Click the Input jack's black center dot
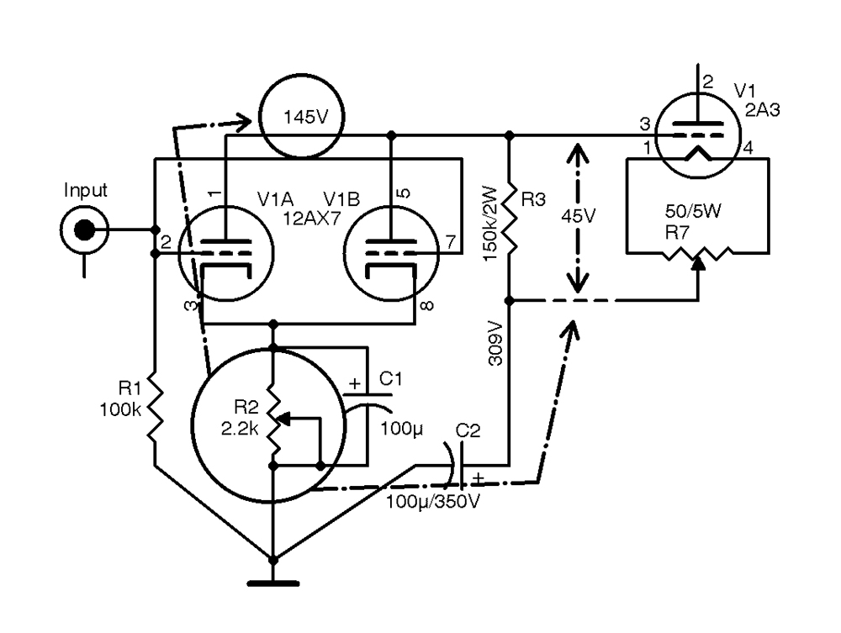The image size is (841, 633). pyautogui.click(x=84, y=230)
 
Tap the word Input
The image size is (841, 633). pyautogui.click(x=85, y=190)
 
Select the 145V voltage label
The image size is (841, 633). pyautogui.click(x=305, y=117)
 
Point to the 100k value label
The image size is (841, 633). pyautogui.click(x=120, y=410)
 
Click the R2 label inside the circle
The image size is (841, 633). pyautogui.click(x=246, y=408)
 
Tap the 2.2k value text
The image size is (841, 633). pyautogui.click(x=241, y=428)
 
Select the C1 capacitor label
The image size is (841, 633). pyautogui.click(x=390, y=379)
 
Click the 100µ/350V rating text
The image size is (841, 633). pyautogui.click(x=433, y=502)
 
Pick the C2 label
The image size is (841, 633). pyautogui.click(x=468, y=430)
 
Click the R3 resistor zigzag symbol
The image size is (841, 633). pyautogui.click(x=510, y=219)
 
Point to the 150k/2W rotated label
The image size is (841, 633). pyautogui.click(x=491, y=224)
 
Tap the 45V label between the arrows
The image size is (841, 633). pyautogui.click(x=579, y=216)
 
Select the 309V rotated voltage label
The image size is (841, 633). pyautogui.click(x=496, y=344)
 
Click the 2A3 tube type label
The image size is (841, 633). pyautogui.click(x=762, y=110)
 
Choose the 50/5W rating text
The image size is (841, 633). pyautogui.click(x=693, y=211)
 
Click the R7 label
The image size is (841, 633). pyautogui.click(x=677, y=233)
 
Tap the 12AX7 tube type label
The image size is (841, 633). pyautogui.click(x=312, y=219)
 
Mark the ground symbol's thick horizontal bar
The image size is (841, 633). pyautogui.click(x=273, y=583)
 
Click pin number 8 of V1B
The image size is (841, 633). pyautogui.click(x=427, y=306)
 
